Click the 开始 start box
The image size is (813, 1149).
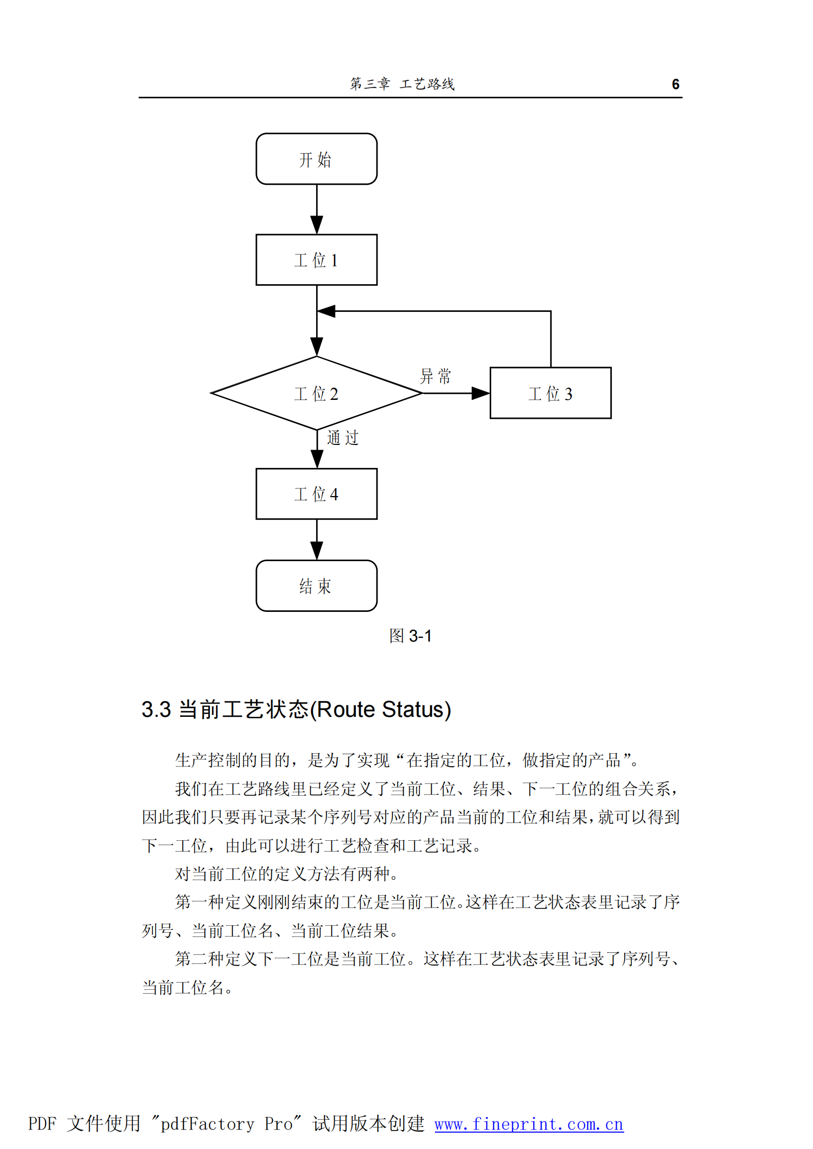316,159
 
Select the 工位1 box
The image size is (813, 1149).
316,260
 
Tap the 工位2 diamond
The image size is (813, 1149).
316,393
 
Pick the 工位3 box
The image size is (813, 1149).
550,393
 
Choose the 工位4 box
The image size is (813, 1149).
316,494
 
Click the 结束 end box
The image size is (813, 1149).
316,585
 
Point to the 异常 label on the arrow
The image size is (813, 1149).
435,376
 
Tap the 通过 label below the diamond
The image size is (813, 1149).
343,438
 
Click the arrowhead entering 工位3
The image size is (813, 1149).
480,393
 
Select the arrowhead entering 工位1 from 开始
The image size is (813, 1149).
317,225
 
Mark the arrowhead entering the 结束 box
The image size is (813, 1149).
317,550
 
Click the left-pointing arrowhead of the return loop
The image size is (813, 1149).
326,311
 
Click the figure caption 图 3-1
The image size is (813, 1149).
410,636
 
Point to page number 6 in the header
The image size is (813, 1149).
675,84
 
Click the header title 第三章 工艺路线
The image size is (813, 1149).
402,84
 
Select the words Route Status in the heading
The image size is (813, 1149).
383,710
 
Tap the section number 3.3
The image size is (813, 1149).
156,710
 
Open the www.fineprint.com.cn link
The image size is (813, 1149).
529,1124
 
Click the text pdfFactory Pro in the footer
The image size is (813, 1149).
227,1124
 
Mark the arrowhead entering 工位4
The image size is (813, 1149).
317,459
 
